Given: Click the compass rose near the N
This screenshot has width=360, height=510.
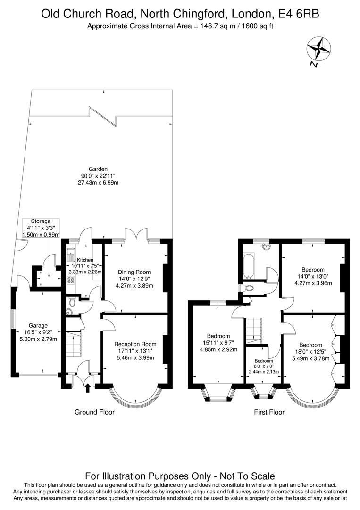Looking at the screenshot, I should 318,49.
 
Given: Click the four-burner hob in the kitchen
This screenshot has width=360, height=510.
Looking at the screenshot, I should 71,280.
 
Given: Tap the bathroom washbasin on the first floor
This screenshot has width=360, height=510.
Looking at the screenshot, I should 266,246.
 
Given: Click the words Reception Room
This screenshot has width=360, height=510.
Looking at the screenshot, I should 135,344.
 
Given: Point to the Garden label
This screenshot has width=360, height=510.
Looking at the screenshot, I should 98,169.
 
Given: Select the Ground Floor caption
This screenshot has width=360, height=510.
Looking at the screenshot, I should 94,412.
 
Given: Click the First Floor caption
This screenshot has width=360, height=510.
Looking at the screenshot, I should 269,412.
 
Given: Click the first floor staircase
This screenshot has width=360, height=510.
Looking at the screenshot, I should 254,331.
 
